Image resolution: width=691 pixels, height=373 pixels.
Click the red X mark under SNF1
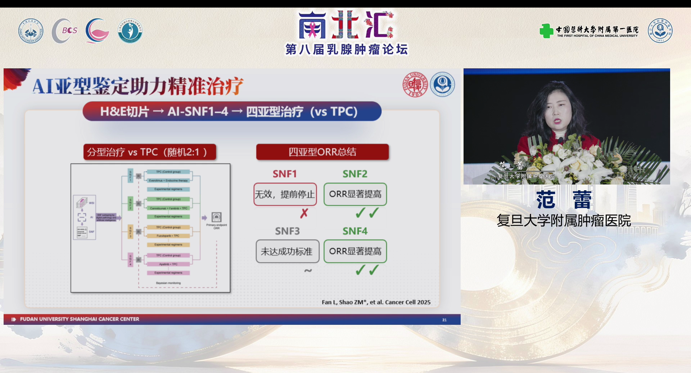point(304,213)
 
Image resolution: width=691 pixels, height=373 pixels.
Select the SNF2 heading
point(355,174)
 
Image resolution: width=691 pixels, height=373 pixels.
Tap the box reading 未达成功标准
point(287,251)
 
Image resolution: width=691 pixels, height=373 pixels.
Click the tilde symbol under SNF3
point(308,270)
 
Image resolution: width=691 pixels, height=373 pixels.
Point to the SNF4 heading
point(355,231)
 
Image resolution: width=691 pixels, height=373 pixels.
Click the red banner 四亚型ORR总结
point(322,152)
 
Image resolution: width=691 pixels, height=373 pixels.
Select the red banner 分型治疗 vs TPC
point(149,152)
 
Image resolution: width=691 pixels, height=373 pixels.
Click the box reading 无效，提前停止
point(285,194)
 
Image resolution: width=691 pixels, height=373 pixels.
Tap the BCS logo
point(65,31)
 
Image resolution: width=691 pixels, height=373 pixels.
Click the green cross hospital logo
point(546,31)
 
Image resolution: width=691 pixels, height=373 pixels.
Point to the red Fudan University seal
point(415,85)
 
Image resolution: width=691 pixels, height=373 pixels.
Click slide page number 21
point(444,320)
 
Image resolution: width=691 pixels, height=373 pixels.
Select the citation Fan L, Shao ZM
point(376,302)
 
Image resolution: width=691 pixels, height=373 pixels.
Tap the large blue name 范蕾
point(564,200)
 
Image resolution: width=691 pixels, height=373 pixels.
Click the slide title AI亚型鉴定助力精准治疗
point(138,86)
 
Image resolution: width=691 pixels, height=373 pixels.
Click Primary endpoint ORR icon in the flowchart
point(216,217)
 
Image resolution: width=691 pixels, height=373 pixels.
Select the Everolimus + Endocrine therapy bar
point(168,180)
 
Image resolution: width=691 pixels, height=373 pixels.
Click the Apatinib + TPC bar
point(168,264)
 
